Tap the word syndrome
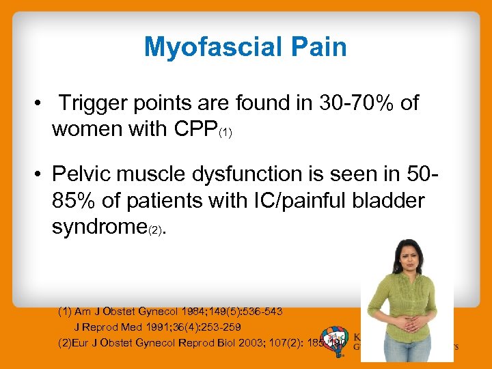tap(98, 227)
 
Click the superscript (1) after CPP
tap(225, 133)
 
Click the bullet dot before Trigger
tap(42, 103)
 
